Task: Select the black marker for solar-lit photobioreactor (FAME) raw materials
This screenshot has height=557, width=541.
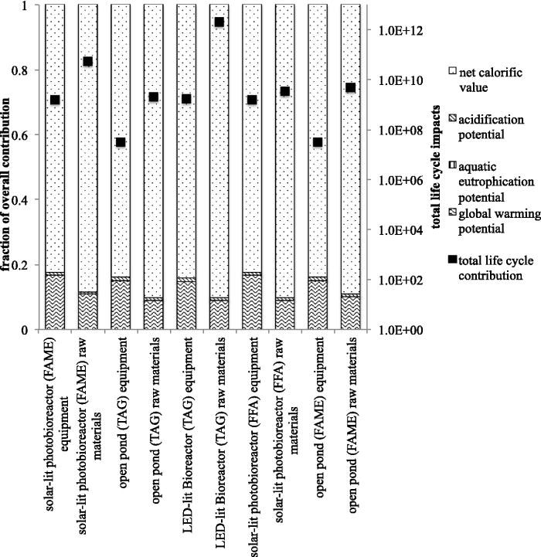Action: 88,61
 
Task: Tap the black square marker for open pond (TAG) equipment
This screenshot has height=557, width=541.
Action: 121,142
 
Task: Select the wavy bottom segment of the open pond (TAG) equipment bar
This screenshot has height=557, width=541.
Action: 121,305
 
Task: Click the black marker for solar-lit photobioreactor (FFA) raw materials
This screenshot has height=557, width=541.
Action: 285,91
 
